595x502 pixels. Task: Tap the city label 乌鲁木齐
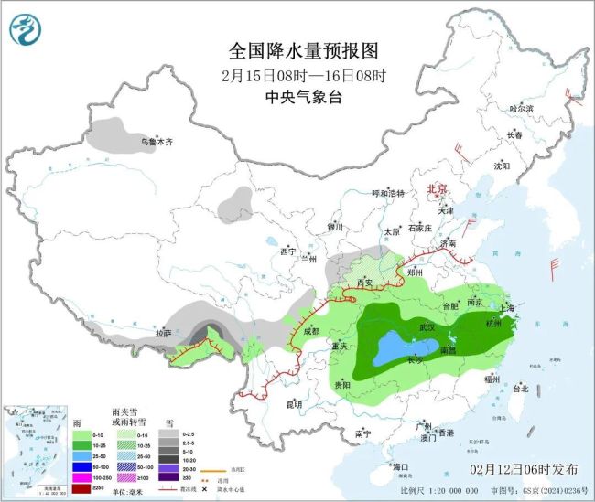(156, 142)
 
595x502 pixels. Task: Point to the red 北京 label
(438, 189)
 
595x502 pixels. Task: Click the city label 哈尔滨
(521, 108)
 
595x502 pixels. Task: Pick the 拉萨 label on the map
(163, 335)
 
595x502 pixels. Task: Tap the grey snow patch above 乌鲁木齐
(115, 132)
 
